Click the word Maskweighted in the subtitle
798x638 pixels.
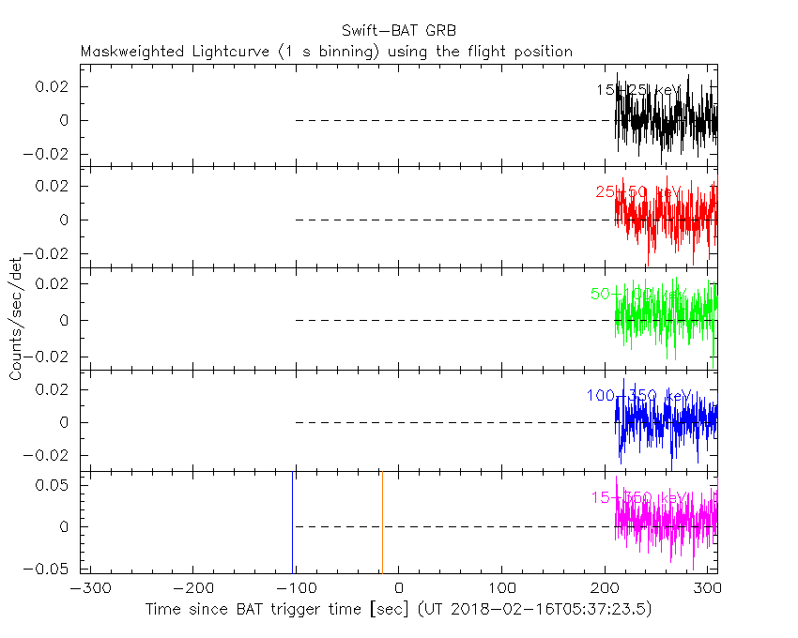[126, 52]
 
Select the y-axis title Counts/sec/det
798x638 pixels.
[16, 319]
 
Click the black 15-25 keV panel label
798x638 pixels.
[637, 90]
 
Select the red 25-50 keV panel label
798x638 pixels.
[637, 192]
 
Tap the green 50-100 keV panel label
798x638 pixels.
[638, 294]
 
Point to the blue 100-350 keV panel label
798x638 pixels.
[638, 396]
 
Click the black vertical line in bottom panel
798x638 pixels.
[293, 523]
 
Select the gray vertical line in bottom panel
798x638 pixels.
[382, 523]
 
